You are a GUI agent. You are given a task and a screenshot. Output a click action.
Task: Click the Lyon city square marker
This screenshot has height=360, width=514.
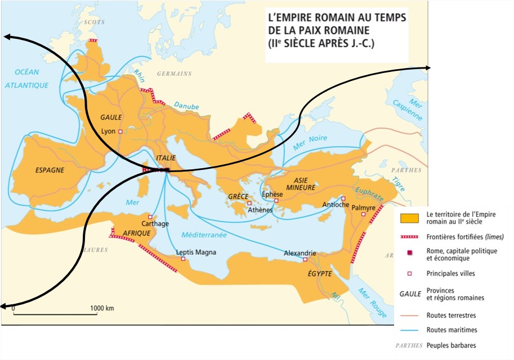coord(120,130)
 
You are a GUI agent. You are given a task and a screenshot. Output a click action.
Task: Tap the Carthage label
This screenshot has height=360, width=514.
coord(157,223)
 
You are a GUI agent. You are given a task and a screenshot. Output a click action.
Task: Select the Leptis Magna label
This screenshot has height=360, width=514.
coord(196,253)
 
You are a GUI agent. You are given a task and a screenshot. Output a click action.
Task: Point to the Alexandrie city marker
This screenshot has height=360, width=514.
coord(305,260)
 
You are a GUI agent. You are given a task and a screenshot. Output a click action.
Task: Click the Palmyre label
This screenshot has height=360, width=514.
coord(364,208)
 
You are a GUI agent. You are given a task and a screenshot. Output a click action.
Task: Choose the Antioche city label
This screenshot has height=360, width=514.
coord(335,205)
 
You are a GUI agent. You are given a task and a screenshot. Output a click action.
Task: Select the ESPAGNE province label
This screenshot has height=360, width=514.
coord(50,169)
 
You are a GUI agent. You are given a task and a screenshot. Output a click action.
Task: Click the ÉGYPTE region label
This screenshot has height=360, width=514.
coord(319,274)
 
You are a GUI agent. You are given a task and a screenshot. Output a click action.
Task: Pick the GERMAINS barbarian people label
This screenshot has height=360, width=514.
coord(174,74)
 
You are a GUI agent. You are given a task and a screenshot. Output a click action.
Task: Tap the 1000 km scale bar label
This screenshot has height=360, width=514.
coord(102,308)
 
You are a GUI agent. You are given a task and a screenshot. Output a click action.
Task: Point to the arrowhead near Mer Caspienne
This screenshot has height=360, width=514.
coord(428,67)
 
